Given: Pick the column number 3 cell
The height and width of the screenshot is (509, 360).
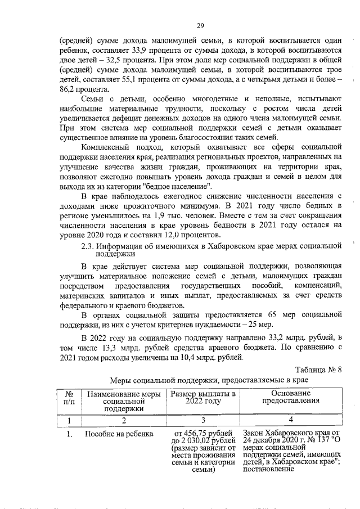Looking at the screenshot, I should pos(203,420).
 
